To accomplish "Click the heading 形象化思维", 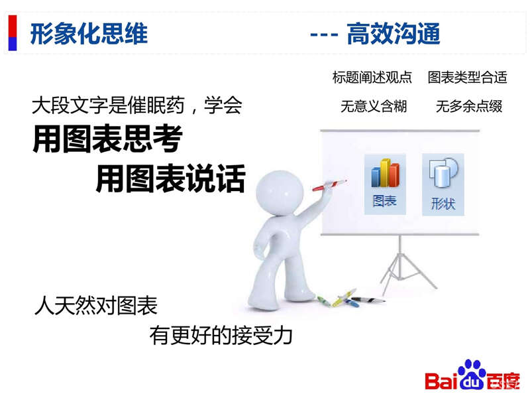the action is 89,34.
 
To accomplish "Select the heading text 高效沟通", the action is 394,34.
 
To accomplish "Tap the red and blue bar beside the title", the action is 13,33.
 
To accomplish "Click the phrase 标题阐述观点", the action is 372,77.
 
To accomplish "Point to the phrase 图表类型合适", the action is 468,77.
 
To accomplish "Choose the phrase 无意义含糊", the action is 374,106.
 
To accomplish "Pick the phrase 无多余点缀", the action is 469,106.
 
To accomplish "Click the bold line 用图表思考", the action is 107,139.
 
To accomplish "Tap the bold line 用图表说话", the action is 171,178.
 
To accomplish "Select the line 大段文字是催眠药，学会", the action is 137,105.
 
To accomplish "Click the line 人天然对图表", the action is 96,305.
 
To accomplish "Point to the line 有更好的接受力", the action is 221,336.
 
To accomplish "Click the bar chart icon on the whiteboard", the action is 385,173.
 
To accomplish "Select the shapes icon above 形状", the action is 443,172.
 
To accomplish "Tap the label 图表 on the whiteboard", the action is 385,201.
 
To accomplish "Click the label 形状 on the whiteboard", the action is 443,204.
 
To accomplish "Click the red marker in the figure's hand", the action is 329,185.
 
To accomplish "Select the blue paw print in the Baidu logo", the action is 472,374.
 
